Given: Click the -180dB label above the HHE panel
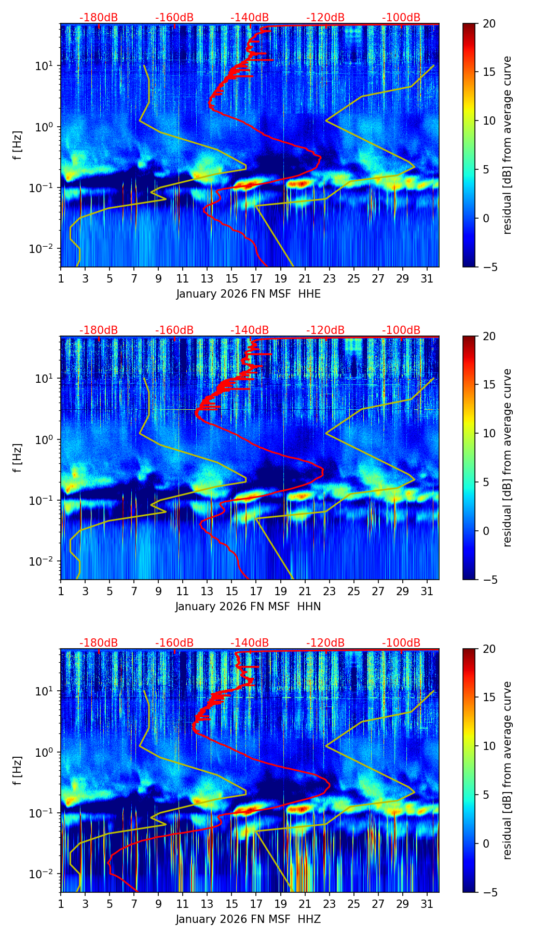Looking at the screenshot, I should (x=99, y=18).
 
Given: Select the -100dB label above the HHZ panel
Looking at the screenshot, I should (x=401, y=643).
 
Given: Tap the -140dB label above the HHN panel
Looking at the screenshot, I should (x=250, y=330).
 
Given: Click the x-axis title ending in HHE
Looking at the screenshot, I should (x=248, y=294).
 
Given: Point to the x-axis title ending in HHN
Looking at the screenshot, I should (x=248, y=607).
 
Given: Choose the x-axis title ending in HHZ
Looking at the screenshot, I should (x=248, y=919).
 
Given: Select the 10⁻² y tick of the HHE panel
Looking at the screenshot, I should (x=44, y=249).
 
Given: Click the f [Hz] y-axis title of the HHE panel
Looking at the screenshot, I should (x=18, y=145).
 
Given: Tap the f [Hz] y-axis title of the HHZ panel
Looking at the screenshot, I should (x=18, y=770).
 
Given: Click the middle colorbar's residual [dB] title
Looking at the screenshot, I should (x=507, y=458).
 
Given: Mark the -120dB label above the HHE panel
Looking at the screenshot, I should (x=325, y=18).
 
